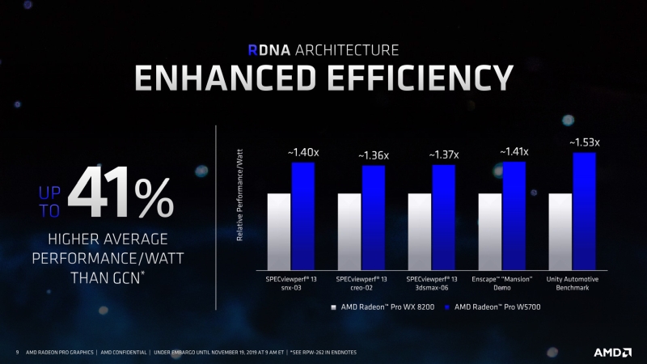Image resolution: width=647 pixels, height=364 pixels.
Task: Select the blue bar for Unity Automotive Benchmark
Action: [x=584, y=212]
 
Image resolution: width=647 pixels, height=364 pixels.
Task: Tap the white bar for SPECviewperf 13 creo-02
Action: [x=349, y=232]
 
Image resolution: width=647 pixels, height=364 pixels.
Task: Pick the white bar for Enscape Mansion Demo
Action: [x=490, y=232]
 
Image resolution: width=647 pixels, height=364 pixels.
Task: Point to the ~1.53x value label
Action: [x=588, y=143]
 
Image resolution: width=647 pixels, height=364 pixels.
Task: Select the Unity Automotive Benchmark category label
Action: [x=573, y=283]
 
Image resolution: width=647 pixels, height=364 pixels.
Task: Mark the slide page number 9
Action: [x=18, y=353]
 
